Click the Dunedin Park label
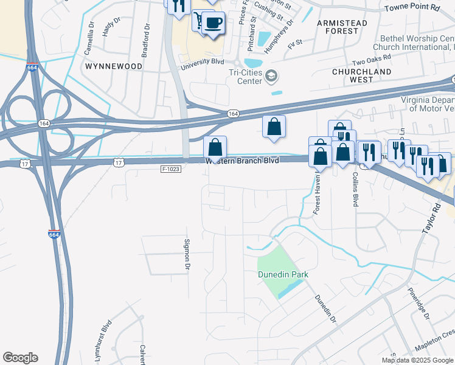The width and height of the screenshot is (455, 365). pos(283,274)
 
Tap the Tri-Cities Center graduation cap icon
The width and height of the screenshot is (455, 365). pos(271,77)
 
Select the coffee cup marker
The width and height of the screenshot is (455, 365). pos(213,23)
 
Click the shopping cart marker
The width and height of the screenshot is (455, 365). pos(198,21)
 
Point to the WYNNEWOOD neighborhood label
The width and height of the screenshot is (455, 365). pos(114,66)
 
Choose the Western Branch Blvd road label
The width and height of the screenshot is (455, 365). pos(242,161)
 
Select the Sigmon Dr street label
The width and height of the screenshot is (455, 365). pos(187,254)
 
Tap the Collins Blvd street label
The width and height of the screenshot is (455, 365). pos(354,188)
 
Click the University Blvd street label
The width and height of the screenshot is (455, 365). pos(210,61)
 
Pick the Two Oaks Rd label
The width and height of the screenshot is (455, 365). pos(370,62)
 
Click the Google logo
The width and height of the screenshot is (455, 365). pos(20,357)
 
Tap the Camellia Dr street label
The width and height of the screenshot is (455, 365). pos(91,40)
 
